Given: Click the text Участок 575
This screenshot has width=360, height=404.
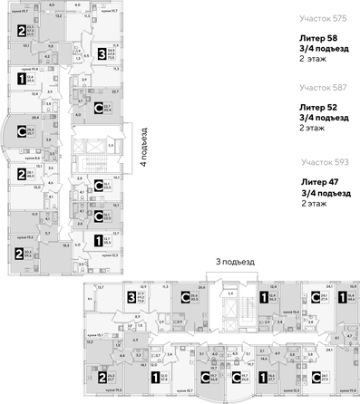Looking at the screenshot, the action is [323, 17].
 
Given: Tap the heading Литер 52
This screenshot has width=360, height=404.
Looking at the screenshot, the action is [321, 107].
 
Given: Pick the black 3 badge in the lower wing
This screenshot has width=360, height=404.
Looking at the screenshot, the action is [131, 295].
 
